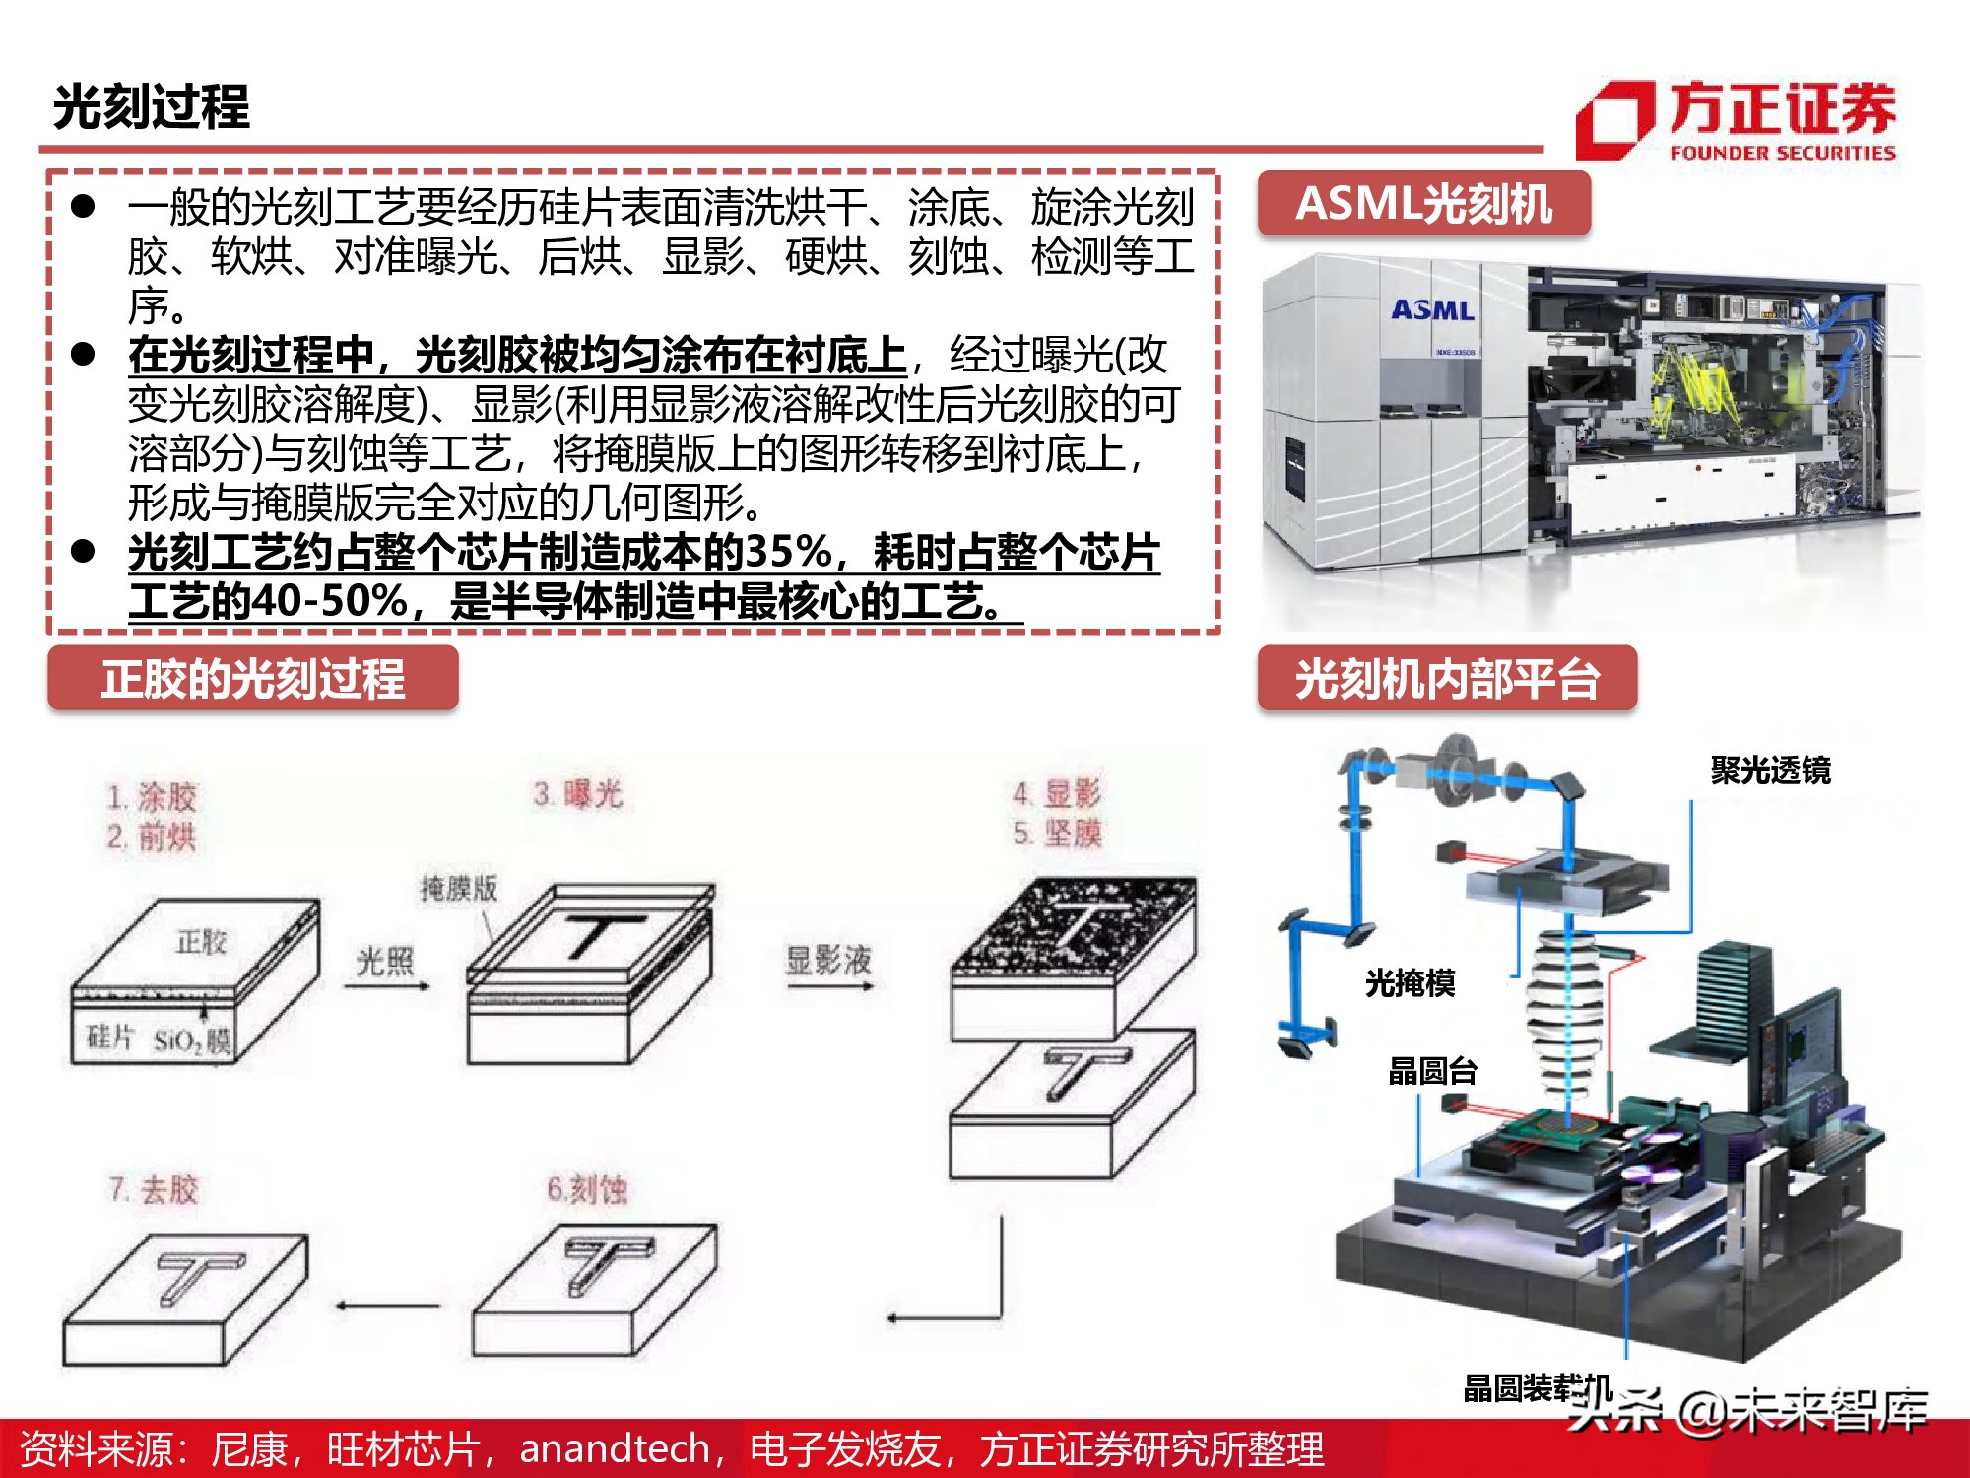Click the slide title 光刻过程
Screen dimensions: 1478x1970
(x=151, y=106)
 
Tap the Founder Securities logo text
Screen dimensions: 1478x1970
(x=1781, y=110)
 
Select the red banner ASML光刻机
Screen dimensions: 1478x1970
(x=1423, y=204)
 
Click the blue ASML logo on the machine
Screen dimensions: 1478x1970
(x=1433, y=310)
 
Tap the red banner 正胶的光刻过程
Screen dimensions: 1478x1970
(x=252, y=679)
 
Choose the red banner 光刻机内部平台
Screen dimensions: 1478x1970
(x=1446, y=679)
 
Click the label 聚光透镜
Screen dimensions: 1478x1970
(x=1770, y=771)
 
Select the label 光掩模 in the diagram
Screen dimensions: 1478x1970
(x=1410, y=982)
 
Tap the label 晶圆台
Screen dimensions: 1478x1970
(x=1432, y=1071)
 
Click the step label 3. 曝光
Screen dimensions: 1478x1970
(x=578, y=794)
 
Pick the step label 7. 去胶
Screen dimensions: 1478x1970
(x=154, y=1190)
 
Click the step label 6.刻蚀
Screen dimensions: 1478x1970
(x=587, y=1190)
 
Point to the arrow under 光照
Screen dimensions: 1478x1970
(x=387, y=985)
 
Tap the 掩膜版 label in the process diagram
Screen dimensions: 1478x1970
(x=459, y=889)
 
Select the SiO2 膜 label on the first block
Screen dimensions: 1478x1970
(x=192, y=1041)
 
